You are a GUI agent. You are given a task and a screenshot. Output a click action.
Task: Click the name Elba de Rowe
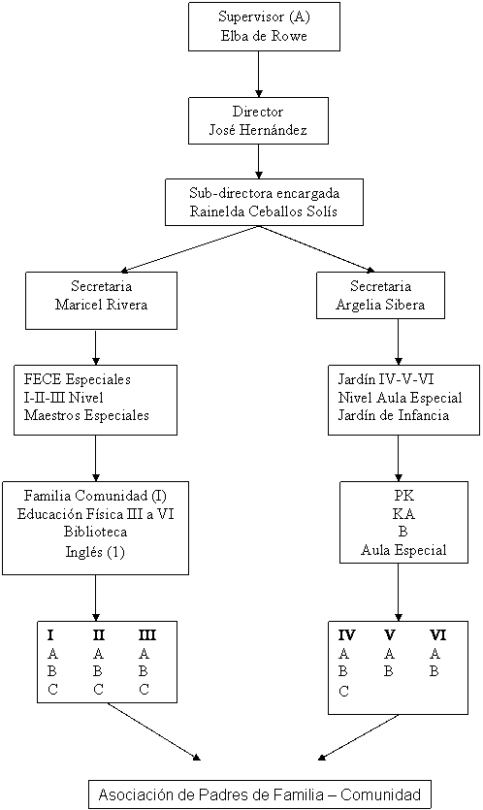264,36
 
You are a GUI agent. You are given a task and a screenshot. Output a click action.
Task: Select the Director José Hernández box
258,121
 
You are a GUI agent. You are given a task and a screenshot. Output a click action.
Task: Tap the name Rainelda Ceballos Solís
264,211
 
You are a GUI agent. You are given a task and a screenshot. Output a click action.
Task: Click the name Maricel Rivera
101,305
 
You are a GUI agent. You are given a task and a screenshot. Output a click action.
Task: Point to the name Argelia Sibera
380,305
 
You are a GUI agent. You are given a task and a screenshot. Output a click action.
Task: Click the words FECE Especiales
77,379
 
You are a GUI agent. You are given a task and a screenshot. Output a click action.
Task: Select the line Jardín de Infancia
394,415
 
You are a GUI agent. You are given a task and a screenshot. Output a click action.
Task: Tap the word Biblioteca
96,532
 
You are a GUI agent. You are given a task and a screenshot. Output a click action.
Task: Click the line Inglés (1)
95,552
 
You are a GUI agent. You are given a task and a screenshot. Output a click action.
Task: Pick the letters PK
404,496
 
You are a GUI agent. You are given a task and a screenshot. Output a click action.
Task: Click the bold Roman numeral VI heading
438,634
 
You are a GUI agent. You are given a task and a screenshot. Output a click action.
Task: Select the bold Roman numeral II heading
99,634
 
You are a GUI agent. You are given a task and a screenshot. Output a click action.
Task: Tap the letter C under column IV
344,691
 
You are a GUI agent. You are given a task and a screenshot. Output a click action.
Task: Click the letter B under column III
144,671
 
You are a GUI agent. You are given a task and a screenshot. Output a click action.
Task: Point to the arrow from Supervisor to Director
259,74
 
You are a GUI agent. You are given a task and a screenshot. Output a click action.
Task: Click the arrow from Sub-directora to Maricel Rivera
190,248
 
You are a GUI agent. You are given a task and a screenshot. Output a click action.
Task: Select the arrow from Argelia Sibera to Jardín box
399,342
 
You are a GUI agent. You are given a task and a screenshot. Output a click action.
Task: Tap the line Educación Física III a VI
96,514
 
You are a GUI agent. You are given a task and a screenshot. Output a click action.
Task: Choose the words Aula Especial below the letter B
403,550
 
